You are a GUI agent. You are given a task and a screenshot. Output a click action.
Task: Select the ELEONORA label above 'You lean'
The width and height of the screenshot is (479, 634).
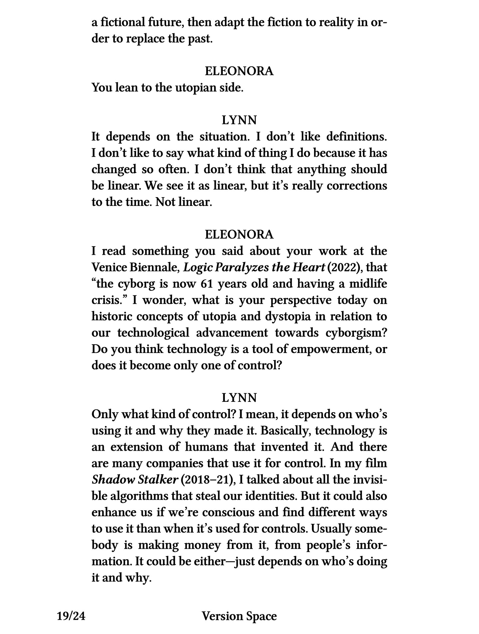click(239, 71)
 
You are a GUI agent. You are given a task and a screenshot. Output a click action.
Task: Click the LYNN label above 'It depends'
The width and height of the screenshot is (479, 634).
click(239, 120)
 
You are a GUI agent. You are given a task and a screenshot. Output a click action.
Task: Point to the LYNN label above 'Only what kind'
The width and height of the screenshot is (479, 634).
click(239, 397)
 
